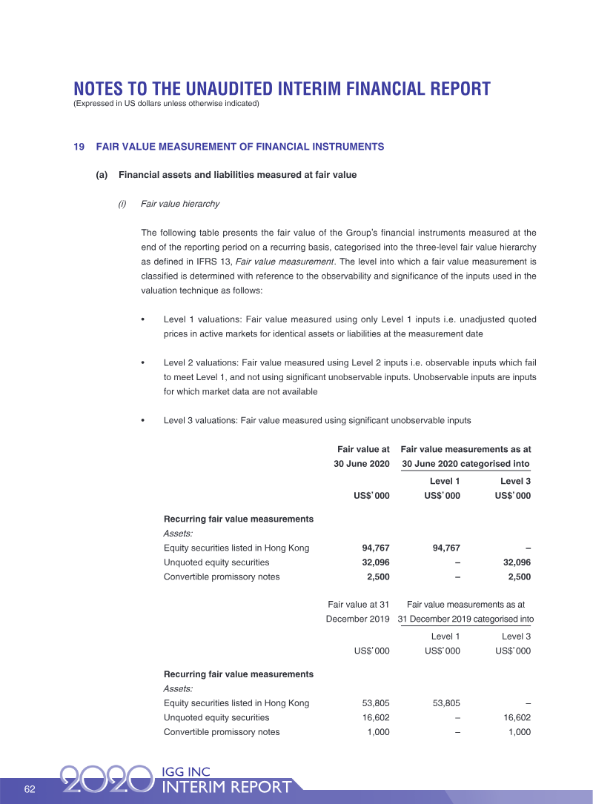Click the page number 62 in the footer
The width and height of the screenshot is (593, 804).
30,788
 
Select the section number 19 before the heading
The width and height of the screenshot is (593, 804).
79,147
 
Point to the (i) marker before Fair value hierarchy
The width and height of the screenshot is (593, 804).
122,204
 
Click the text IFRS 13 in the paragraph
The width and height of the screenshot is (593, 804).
211,261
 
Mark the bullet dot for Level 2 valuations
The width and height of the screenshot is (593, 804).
142,363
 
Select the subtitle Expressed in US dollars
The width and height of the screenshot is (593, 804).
166,104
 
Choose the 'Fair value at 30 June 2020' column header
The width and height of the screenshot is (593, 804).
362,456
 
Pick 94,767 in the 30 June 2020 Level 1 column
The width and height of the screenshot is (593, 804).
443,548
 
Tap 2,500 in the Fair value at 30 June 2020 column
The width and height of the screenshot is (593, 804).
375,577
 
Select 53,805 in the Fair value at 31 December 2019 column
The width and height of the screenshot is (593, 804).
372,702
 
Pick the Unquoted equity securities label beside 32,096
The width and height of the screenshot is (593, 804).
216,562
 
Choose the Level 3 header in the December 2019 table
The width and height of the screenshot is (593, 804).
516,636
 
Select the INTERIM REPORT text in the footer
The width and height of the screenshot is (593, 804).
227,787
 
